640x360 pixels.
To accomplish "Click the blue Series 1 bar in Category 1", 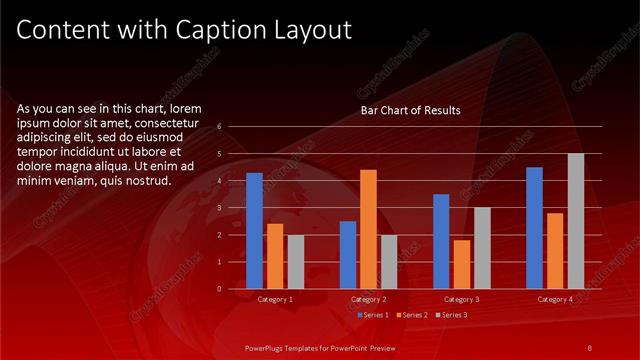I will pyautogui.click(x=254, y=231).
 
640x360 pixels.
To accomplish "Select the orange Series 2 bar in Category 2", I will pyautogui.click(x=368, y=229).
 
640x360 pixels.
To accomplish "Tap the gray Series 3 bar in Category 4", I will pyautogui.click(x=575, y=221).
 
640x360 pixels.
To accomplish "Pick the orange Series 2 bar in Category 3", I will pyautogui.click(x=461, y=264).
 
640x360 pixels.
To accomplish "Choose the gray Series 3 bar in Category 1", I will pyautogui.click(x=295, y=262).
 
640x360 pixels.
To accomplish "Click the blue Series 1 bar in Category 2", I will pyautogui.click(x=347, y=255).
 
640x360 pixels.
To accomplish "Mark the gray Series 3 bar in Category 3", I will pyautogui.click(x=482, y=248).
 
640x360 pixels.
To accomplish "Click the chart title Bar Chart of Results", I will pyautogui.click(x=410, y=111).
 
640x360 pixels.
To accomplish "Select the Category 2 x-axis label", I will pyautogui.click(x=369, y=299).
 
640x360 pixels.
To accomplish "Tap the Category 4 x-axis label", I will pyautogui.click(x=555, y=299).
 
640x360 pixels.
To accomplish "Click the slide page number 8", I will pyautogui.click(x=590, y=347).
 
